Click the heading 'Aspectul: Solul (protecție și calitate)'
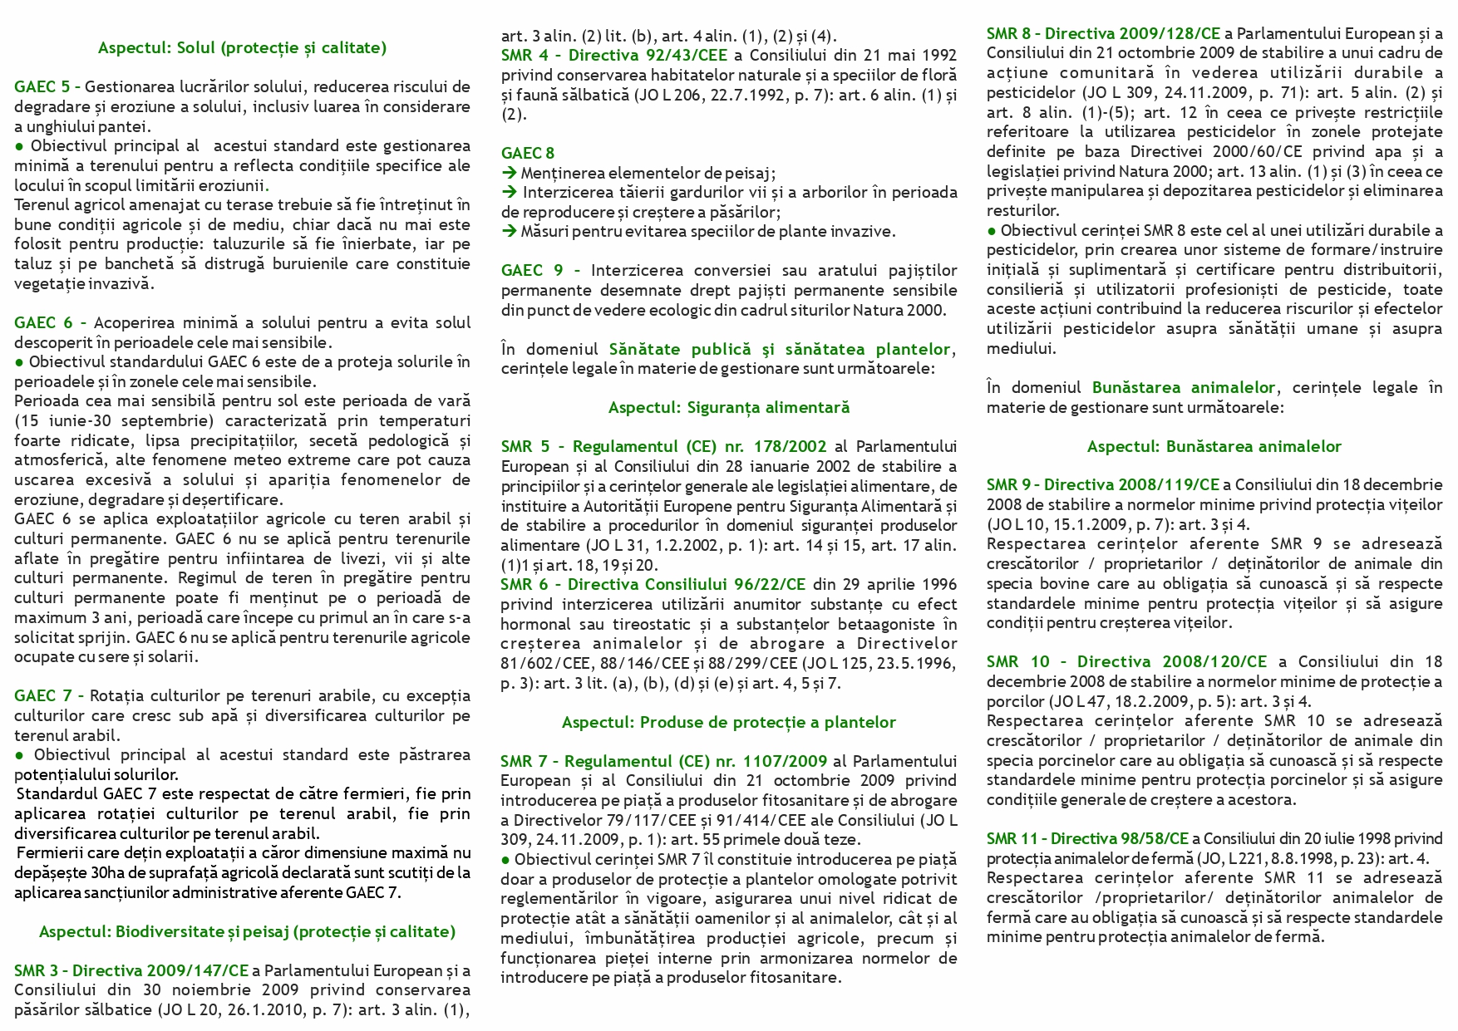(x=242, y=48)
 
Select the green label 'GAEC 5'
(x=42, y=87)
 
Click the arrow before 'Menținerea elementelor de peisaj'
(x=509, y=173)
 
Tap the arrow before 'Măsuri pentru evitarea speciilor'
(x=509, y=232)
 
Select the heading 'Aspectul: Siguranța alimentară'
(x=728, y=408)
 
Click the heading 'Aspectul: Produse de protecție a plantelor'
(x=728, y=723)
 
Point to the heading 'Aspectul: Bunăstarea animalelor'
(x=1214, y=447)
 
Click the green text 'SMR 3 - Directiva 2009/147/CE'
(x=131, y=971)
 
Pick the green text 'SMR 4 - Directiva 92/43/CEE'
(x=616, y=56)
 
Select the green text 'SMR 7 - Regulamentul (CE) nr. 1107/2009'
(x=663, y=762)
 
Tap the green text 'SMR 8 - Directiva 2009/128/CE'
(x=1103, y=34)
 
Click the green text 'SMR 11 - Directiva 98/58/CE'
(x=1087, y=839)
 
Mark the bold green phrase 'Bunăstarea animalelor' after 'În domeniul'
(x=1183, y=388)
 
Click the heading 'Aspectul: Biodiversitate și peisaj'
(x=247, y=932)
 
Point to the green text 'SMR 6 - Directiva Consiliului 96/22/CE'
(x=653, y=585)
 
